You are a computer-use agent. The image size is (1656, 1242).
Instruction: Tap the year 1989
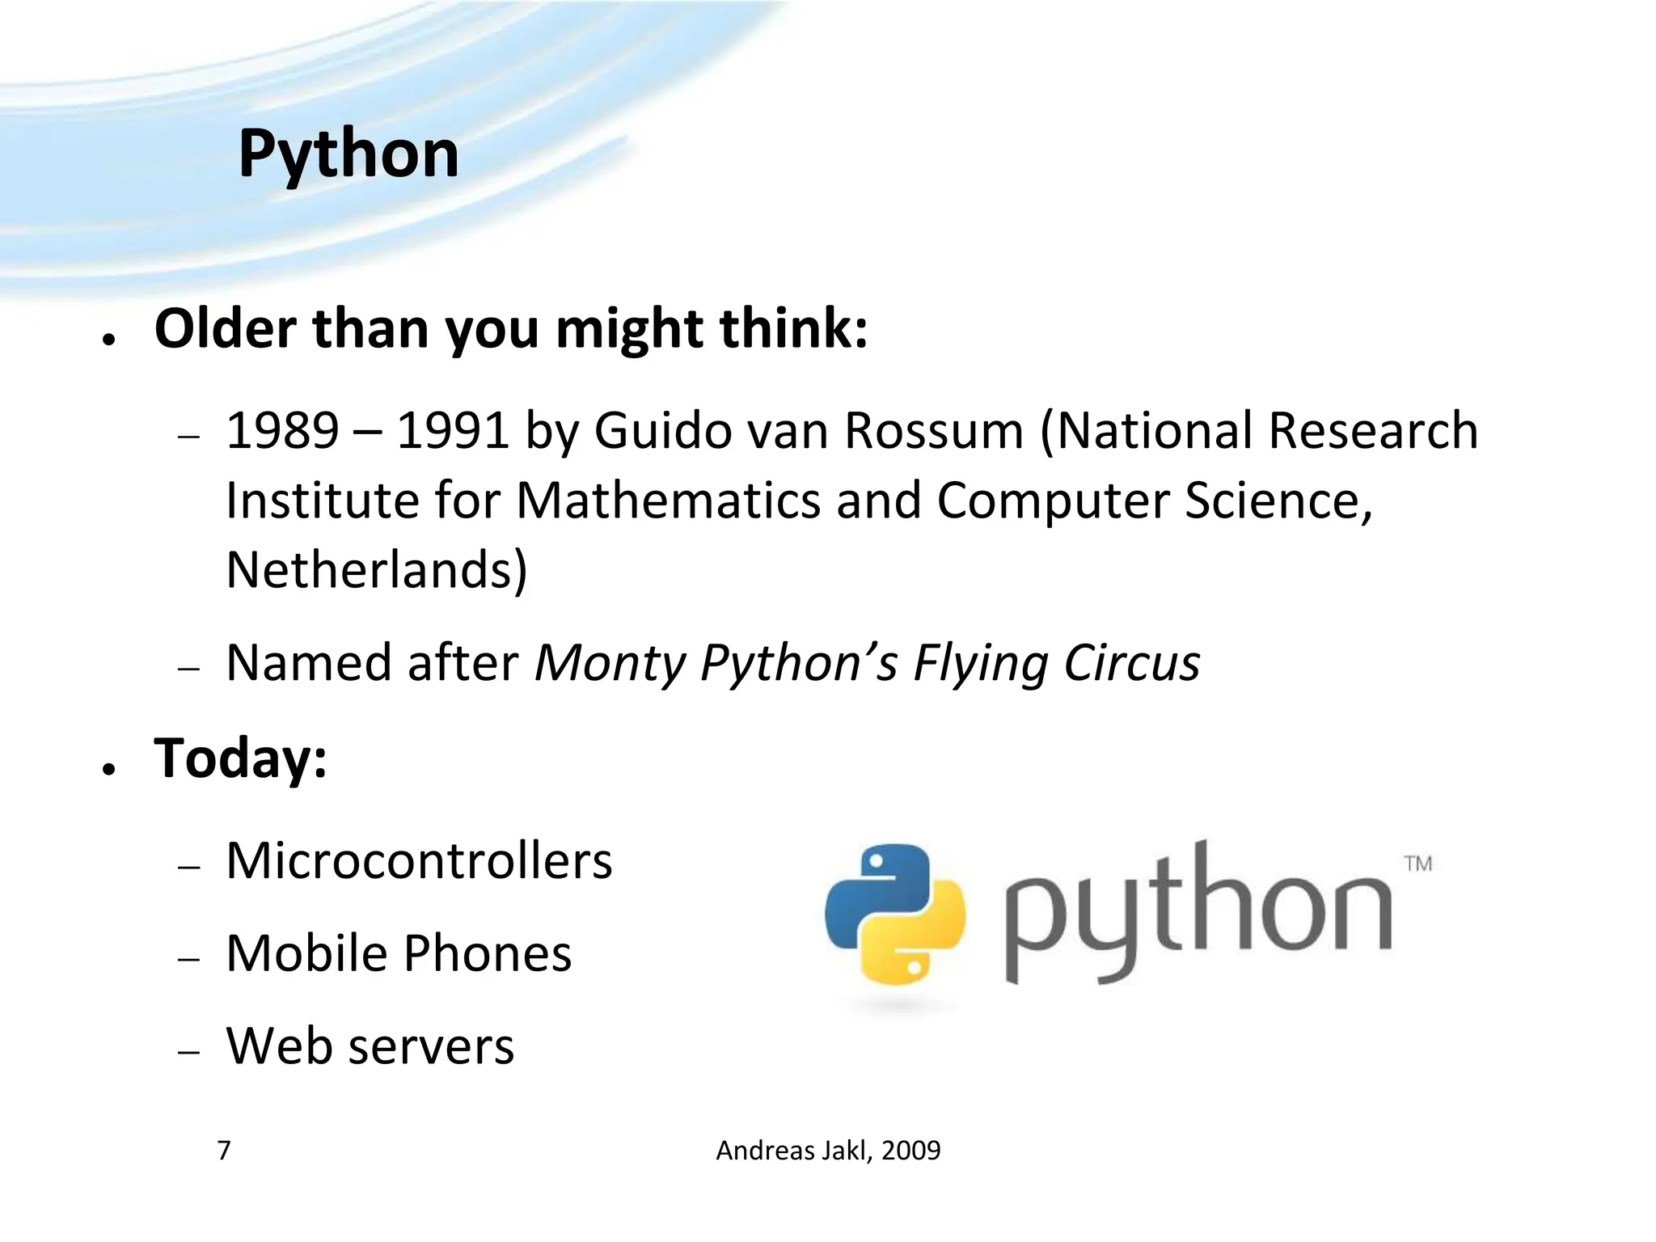[x=282, y=430]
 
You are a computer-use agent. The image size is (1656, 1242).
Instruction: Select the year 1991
[x=453, y=430]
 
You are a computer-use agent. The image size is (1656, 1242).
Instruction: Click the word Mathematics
[x=668, y=501]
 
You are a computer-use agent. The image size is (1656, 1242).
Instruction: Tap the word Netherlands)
[x=377, y=570]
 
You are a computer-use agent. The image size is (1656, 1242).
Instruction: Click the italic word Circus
[x=1131, y=663]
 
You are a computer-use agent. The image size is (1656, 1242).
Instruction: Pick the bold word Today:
[x=240, y=758]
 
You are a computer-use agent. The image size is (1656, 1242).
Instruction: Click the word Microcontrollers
[x=419, y=860]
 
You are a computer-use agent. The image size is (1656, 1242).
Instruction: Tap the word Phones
[x=488, y=953]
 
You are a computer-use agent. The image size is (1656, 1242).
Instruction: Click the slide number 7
[x=224, y=1150]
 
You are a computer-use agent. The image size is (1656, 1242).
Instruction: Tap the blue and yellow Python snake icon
[x=895, y=915]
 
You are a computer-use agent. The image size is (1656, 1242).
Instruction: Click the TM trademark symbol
[x=1418, y=864]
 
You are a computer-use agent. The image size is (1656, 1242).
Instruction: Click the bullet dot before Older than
[x=109, y=340]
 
